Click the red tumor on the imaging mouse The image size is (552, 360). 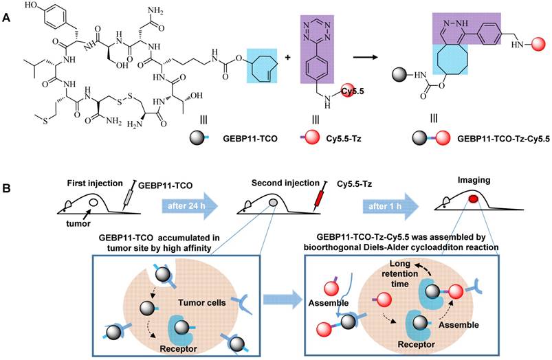473,199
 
